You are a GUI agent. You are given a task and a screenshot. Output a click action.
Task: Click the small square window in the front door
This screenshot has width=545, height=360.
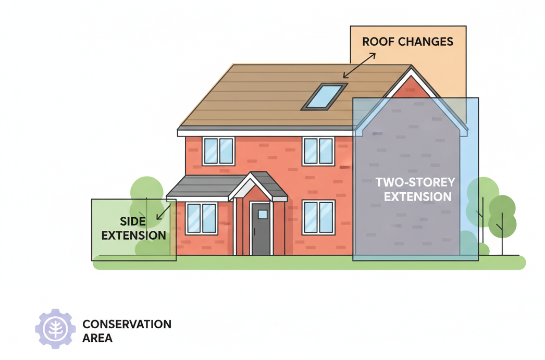263,214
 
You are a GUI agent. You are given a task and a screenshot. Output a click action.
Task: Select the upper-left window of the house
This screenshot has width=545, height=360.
218,151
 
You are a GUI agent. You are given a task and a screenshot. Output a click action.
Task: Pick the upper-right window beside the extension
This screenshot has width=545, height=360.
318,151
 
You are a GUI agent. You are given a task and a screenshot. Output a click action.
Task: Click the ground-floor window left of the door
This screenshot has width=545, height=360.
202,218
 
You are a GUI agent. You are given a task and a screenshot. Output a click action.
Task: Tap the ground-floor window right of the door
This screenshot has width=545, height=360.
318,217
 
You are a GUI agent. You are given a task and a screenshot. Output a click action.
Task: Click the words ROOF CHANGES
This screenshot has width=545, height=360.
408,42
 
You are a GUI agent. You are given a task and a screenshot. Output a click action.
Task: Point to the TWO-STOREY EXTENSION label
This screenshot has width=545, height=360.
415,190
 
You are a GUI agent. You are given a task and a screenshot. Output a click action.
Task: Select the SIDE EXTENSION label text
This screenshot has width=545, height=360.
133,229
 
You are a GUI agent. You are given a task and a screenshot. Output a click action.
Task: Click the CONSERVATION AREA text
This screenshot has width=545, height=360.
127,331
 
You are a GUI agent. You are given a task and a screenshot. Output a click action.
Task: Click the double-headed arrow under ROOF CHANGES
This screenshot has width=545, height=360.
359,65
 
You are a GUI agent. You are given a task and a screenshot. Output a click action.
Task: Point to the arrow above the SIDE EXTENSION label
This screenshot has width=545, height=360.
164,212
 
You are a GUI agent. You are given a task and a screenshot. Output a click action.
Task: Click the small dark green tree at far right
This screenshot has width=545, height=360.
502,215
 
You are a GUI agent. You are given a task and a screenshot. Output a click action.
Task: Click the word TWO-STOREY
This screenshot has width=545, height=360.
415,183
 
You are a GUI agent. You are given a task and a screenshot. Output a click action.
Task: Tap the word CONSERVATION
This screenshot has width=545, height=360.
127,324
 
